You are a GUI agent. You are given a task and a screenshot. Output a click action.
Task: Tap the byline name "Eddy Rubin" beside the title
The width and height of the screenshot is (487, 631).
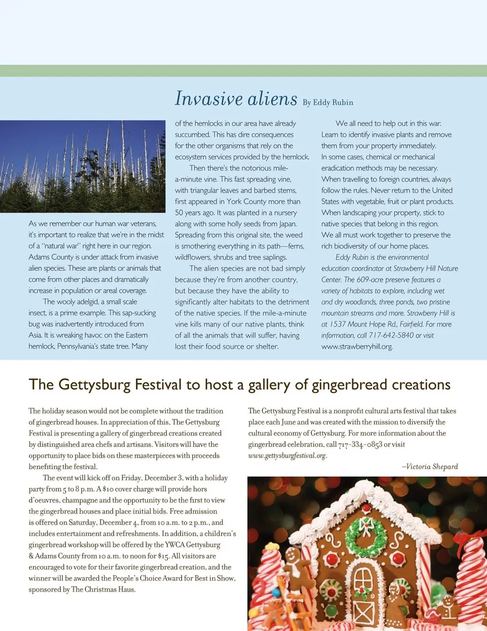tap(333, 103)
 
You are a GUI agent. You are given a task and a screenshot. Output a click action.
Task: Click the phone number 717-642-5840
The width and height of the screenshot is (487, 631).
tap(391, 335)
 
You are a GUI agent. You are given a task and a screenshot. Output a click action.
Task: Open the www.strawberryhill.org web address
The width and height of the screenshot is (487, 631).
tap(357, 346)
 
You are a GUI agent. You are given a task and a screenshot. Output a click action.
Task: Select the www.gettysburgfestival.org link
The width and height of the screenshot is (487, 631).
tap(287, 456)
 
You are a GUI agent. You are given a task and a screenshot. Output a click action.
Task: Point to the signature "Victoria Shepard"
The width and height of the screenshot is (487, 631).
tap(432, 466)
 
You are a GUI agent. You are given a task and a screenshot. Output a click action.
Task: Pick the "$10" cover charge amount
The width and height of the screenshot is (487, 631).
tap(108, 489)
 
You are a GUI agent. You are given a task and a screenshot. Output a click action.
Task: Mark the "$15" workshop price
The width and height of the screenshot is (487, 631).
tap(163, 556)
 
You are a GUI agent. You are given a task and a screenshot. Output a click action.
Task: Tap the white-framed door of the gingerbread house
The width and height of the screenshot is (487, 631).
tap(364, 594)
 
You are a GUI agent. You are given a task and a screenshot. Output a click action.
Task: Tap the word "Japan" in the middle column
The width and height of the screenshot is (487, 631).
tap(287, 224)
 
